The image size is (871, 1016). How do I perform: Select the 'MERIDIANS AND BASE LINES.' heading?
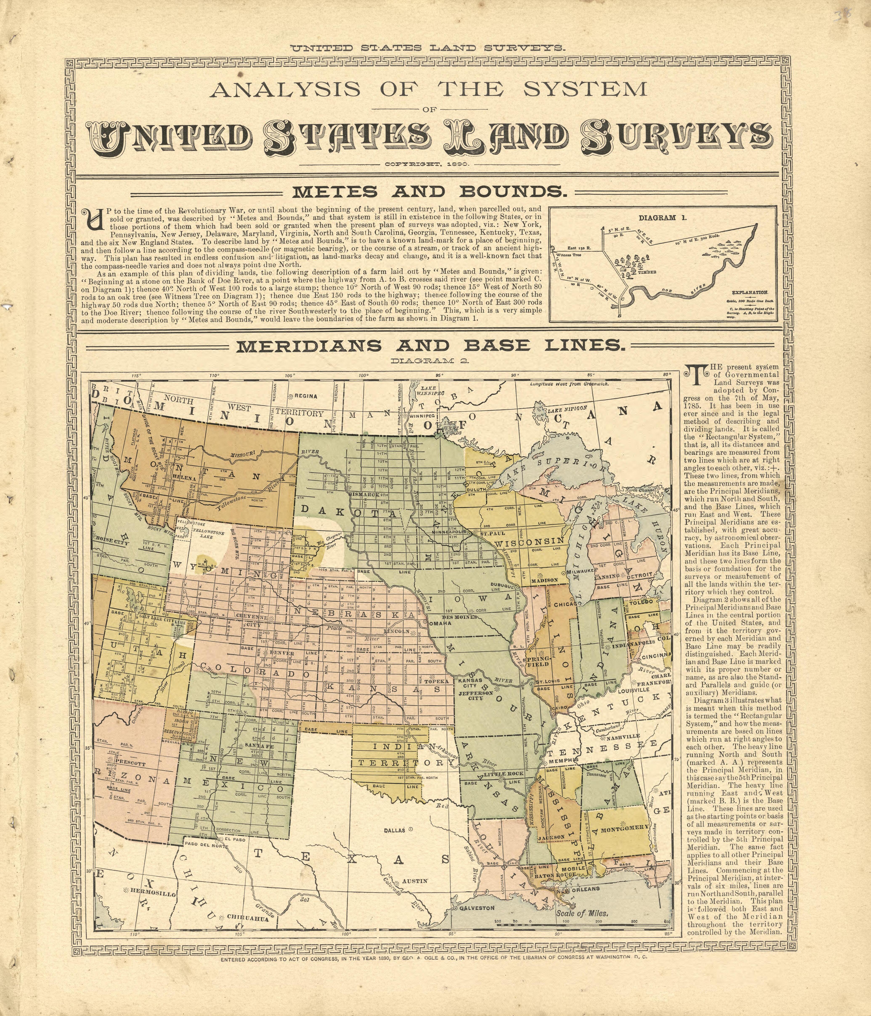tap(430, 346)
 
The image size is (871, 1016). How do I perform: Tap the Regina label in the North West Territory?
tap(305, 396)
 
